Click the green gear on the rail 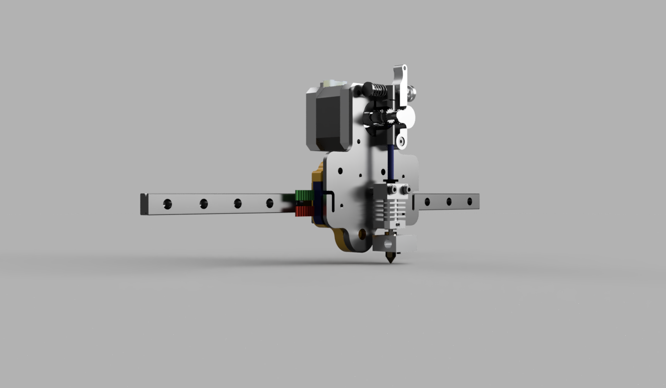[x=304, y=195]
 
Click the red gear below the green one [x=303, y=211]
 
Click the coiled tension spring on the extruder [x=379, y=90]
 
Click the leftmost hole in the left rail [x=167, y=204]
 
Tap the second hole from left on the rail [x=204, y=204]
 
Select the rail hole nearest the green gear [x=270, y=203]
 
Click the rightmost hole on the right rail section [x=469, y=201]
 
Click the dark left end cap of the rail [x=143, y=204]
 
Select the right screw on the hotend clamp [x=402, y=189]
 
